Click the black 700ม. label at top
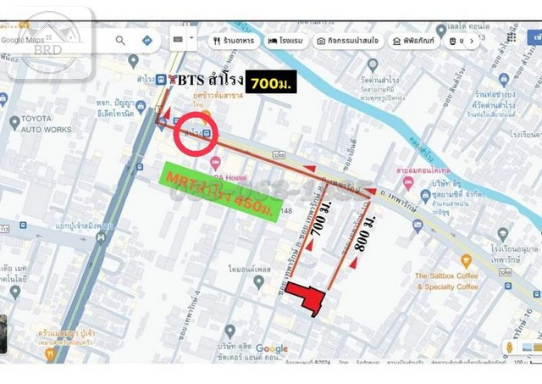(x=270, y=82)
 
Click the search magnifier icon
(x=120, y=40)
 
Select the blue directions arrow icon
(x=147, y=40)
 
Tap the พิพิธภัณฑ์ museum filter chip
(x=412, y=41)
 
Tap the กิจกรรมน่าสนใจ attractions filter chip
(x=347, y=41)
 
